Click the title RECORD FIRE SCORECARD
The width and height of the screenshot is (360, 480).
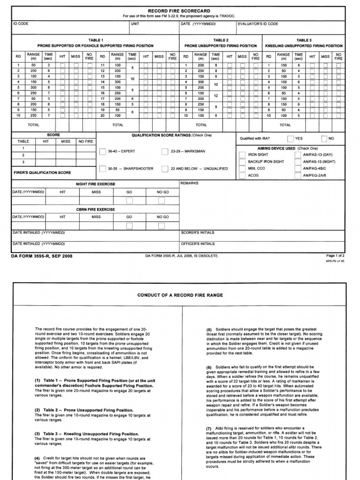[180, 10]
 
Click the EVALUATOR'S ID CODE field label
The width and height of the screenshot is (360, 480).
[258, 24]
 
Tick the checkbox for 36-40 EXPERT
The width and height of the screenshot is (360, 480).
[103, 151]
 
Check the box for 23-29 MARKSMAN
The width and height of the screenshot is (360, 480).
[165, 151]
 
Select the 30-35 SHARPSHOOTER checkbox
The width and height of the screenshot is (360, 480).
[103, 169]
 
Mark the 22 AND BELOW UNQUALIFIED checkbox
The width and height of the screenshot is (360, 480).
[165, 169]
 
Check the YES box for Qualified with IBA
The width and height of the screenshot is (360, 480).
[291, 139]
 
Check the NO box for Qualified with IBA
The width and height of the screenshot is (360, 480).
[324, 139]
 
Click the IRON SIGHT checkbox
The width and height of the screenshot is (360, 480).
[241, 154]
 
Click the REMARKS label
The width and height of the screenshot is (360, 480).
[189, 183]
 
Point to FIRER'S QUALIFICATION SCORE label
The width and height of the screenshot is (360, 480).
[41, 172]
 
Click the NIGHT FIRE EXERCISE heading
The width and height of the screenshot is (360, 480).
[96, 184]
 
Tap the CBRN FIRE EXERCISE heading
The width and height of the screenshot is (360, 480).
[96, 210]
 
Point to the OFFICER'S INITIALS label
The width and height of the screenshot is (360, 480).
[198, 244]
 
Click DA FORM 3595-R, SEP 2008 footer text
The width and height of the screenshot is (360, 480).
[42, 256]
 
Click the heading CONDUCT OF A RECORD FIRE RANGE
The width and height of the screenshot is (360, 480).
[180, 295]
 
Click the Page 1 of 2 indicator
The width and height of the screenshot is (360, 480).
[335, 255]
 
